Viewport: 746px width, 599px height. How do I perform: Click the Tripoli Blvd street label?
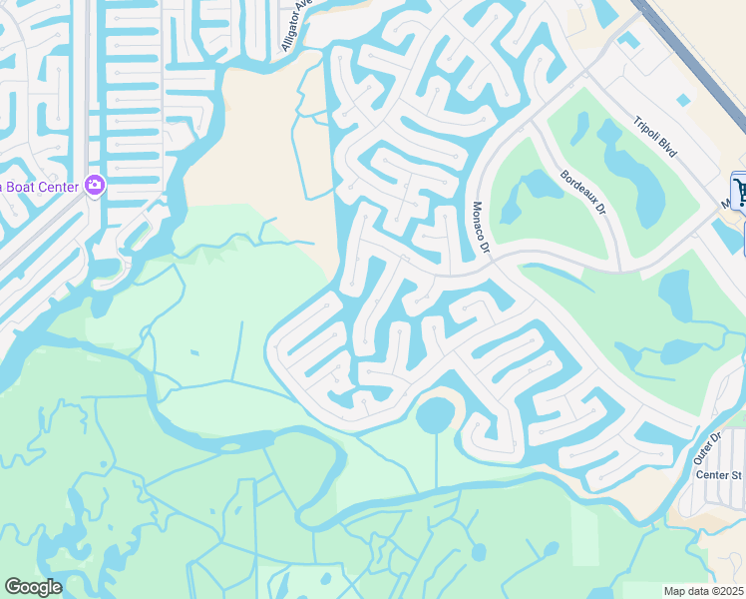coord(655,138)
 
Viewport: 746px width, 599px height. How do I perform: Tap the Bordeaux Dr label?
coord(583,193)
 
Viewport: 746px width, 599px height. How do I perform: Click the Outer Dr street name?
coord(708,445)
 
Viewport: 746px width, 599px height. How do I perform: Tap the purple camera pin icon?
coord(95,184)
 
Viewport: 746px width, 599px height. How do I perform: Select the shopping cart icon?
coord(739,189)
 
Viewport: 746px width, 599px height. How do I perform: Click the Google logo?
coord(33,586)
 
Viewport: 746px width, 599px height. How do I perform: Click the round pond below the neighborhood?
coord(435,413)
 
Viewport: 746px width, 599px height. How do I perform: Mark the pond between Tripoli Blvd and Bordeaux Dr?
coord(623,160)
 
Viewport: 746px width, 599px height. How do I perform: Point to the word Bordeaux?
coord(577,187)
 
